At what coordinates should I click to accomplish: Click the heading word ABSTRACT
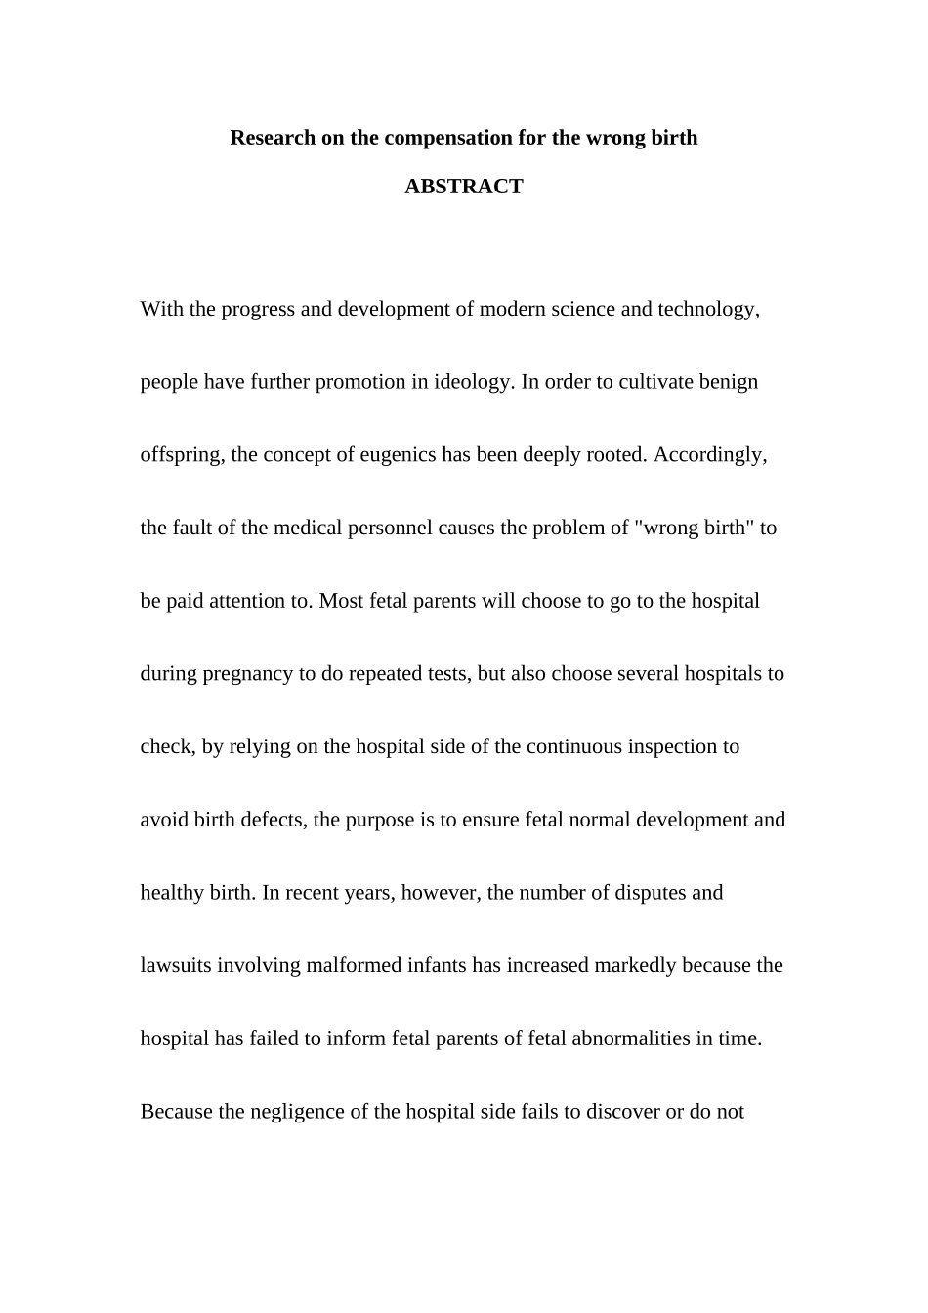(x=463, y=187)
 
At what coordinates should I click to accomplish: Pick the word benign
(x=728, y=382)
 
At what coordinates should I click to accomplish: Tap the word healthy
(x=171, y=893)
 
